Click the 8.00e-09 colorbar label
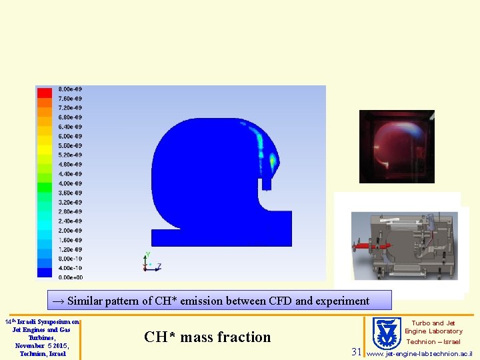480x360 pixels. [70, 89]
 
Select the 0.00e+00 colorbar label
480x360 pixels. [70, 277]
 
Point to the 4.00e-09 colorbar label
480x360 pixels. [70, 183]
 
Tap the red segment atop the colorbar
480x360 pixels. [45, 93]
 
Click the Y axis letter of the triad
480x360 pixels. [147, 255]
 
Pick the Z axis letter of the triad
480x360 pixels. [159, 266]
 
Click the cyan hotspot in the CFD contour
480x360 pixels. [272, 160]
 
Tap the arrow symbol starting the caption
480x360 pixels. [58, 301]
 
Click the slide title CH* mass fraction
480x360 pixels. [207, 337]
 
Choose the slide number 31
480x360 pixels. [357, 351]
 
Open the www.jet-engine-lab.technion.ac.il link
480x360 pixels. [419, 353]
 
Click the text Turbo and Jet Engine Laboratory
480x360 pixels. [433, 327]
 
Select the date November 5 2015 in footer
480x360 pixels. [41, 345]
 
